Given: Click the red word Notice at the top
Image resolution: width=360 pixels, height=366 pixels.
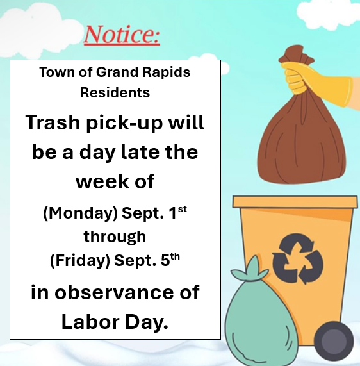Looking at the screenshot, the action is click(x=122, y=35).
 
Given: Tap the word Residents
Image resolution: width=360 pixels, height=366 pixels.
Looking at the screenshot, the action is click(x=115, y=93).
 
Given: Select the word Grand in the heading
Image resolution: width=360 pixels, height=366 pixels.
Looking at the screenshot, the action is click(x=117, y=72).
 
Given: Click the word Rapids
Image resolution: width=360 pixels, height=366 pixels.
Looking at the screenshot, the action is click(x=167, y=72).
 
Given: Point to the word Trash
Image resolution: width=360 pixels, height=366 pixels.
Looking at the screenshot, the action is click(x=53, y=122).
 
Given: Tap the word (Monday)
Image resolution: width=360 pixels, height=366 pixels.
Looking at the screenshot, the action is click(x=81, y=213).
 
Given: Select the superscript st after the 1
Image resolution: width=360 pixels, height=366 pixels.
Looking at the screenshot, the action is click(x=183, y=209).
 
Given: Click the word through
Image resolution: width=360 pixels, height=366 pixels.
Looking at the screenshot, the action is click(x=115, y=237).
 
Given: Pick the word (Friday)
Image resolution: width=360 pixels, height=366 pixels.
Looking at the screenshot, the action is click(x=80, y=260).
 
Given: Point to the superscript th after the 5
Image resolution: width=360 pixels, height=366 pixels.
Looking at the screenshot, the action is click(x=175, y=256).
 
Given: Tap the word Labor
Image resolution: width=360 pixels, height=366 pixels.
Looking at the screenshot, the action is click(x=90, y=322).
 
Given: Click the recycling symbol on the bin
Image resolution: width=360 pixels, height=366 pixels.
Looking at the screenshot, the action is click(x=298, y=258).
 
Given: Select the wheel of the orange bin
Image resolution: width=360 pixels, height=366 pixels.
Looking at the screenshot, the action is click(x=334, y=341).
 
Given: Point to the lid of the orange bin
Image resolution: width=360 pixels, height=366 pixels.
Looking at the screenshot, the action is click(x=295, y=202).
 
